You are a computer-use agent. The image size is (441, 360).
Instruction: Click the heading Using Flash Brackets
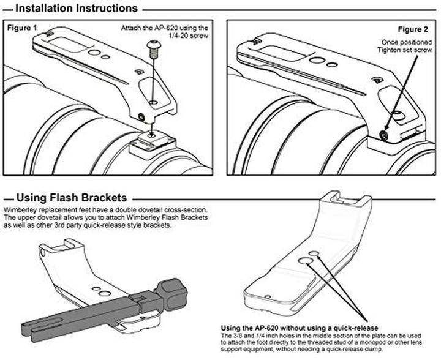(72, 198)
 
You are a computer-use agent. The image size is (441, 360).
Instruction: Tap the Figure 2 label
(413, 29)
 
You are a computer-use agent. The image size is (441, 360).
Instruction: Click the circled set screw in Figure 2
(385, 134)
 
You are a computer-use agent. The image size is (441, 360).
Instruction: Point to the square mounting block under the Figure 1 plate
(150, 144)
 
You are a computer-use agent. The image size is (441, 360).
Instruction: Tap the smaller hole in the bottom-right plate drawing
(314, 252)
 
